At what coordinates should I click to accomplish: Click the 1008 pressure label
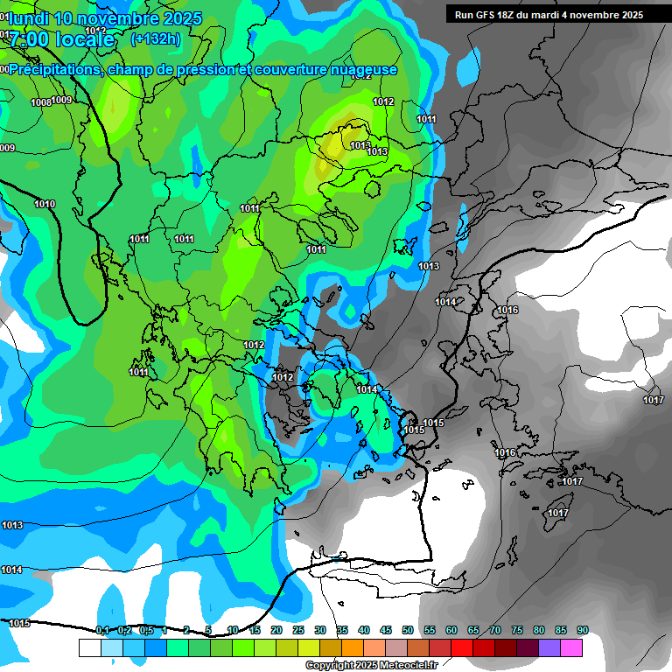point(40,102)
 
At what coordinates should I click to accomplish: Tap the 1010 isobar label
point(45,204)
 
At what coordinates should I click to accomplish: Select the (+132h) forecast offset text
point(155,38)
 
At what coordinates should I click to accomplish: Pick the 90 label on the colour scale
point(583,630)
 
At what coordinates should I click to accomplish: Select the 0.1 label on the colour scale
point(102,630)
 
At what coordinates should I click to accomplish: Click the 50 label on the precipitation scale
point(408,630)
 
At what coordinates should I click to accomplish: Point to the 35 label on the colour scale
point(342,630)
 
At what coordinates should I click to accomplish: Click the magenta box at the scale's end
point(571,647)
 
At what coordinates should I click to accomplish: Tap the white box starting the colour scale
point(89,647)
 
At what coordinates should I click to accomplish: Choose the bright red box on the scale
point(462,647)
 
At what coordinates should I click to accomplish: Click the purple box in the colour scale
point(549,647)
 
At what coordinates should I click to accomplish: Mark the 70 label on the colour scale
point(495,630)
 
